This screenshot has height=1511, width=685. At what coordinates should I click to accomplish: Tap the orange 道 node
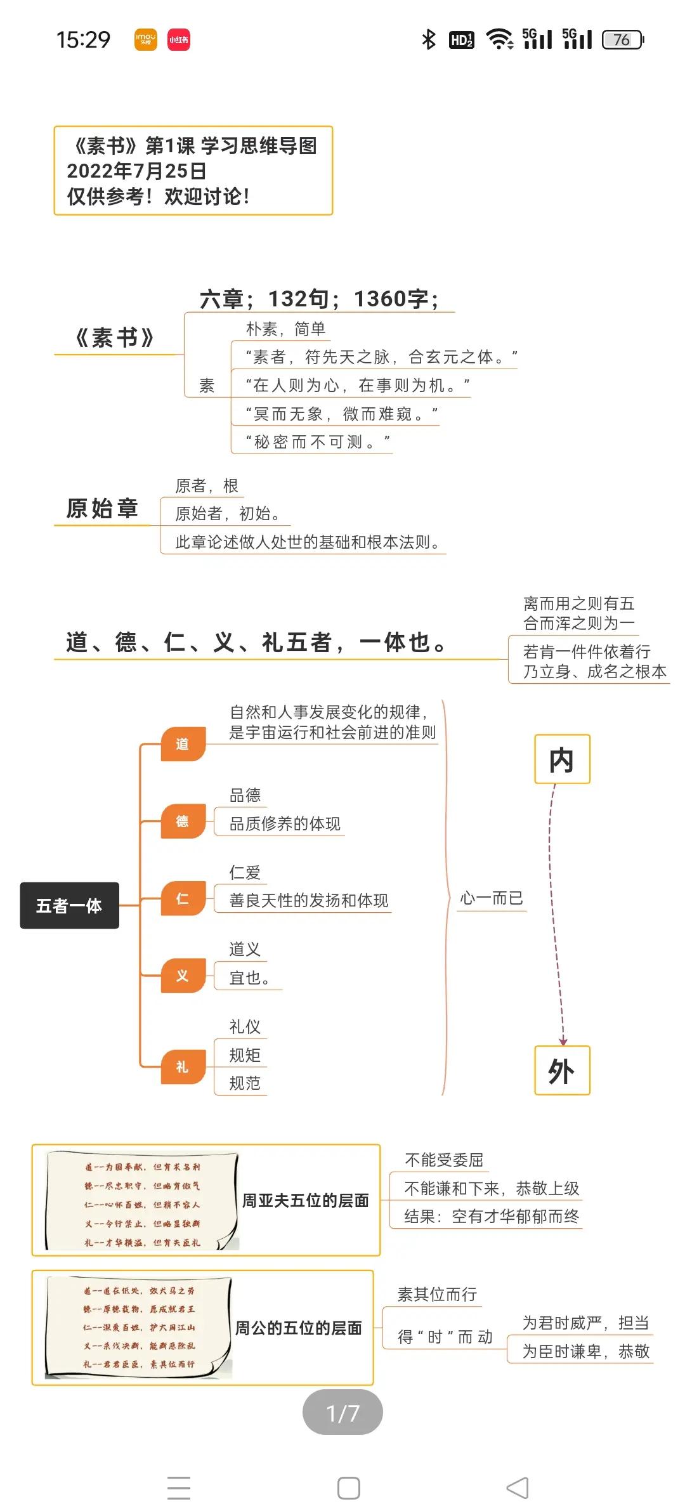pyautogui.click(x=183, y=743)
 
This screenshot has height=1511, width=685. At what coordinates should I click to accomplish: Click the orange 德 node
pyautogui.click(x=183, y=821)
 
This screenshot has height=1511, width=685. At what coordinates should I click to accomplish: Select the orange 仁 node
pyautogui.click(x=183, y=899)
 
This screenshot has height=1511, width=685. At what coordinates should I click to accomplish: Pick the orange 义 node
pyautogui.click(x=183, y=976)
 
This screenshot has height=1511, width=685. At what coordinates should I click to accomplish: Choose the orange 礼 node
pyautogui.click(x=183, y=1067)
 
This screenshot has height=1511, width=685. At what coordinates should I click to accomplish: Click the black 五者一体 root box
pyautogui.click(x=69, y=905)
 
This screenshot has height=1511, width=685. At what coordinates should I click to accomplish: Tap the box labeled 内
pyautogui.click(x=562, y=759)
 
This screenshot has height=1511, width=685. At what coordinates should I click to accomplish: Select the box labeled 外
pyautogui.click(x=562, y=1071)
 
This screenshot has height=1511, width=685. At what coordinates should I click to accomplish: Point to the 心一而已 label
pyautogui.click(x=492, y=898)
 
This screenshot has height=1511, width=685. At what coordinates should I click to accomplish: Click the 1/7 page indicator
pyautogui.click(x=342, y=1413)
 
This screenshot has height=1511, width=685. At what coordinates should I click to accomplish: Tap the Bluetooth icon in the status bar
pyautogui.click(x=429, y=40)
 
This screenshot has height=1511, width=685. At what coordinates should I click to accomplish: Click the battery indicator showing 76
pyautogui.click(x=622, y=40)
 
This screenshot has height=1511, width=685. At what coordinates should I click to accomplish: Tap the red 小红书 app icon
pyautogui.click(x=178, y=40)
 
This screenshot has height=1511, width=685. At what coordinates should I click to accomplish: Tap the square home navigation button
pyautogui.click(x=348, y=1488)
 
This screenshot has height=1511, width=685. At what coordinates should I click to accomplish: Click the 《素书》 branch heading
pyautogui.click(x=115, y=337)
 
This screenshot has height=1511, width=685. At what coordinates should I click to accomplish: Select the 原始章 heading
pyautogui.click(x=102, y=509)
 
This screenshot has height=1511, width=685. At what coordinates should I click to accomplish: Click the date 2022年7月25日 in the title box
pyautogui.click(x=136, y=171)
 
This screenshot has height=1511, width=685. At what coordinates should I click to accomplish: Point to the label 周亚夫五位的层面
pyautogui.click(x=305, y=1200)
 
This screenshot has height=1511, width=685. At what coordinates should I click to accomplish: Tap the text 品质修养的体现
pyautogui.click(x=285, y=823)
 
